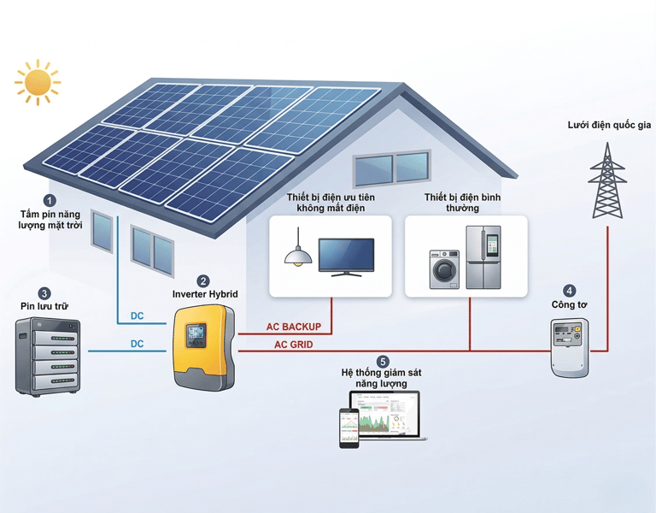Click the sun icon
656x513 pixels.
coord(38,82)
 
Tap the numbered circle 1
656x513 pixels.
coord(49,199)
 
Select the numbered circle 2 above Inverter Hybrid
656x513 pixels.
coord(203,280)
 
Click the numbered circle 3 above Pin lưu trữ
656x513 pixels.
coord(44,293)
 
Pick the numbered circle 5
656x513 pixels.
coord(382,362)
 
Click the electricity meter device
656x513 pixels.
coord(570,346)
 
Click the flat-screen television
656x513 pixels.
coord(346,256)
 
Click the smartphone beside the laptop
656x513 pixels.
coord(348,427)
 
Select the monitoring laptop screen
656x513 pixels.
coord(386,414)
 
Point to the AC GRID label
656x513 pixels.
coord(293,345)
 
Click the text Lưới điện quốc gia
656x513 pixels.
coord(609,125)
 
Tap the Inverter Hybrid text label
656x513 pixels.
coord(204,295)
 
